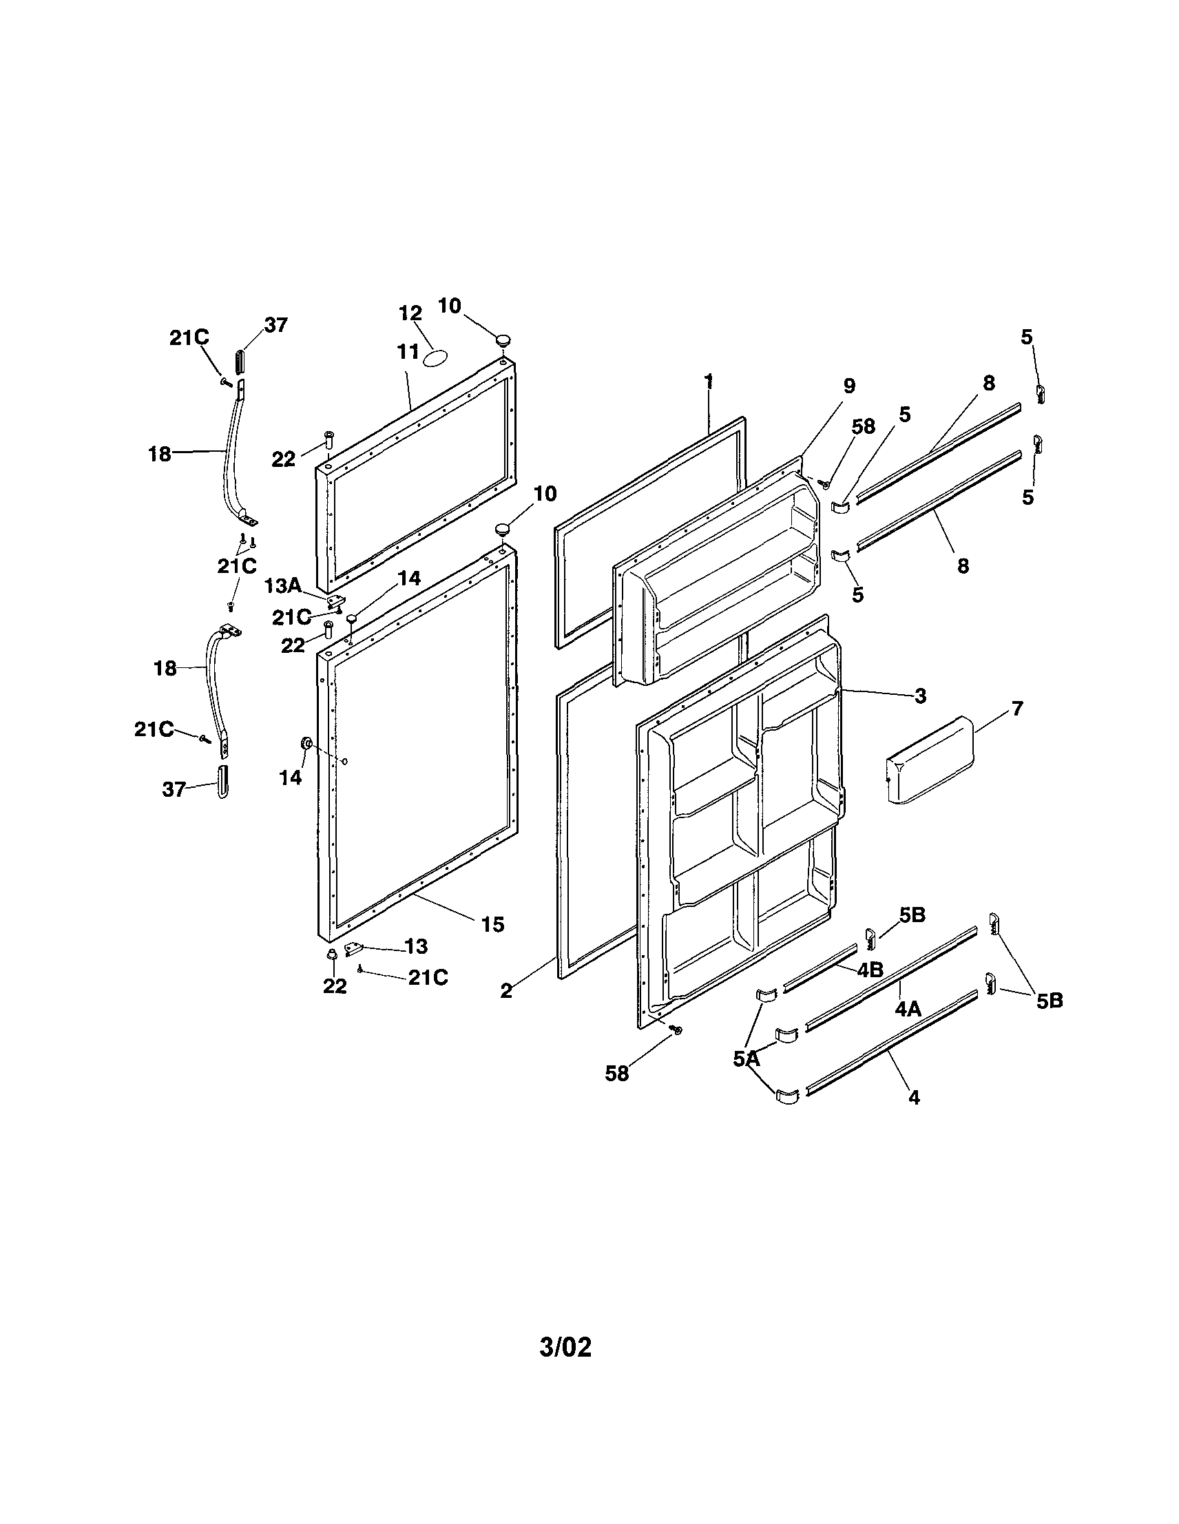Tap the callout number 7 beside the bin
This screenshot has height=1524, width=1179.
coord(1017,708)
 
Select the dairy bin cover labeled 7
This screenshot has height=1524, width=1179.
coord(931,760)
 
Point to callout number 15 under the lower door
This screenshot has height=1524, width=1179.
coord(492,925)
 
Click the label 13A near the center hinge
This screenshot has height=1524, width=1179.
coord(282,585)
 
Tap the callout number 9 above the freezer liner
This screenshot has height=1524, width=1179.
coord(849,386)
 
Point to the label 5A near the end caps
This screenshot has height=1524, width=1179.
coord(746,1059)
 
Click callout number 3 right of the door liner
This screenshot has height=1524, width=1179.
coord(920,695)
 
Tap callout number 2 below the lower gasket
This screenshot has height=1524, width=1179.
coord(506,990)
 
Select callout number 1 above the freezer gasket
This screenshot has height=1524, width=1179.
coord(709,381)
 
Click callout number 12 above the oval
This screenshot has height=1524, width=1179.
coord(411,313)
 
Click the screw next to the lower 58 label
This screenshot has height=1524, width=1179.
coord(676,1030)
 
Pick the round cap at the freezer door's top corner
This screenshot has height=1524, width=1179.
coord(502,340)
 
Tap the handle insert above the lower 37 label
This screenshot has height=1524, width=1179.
coord(222,782)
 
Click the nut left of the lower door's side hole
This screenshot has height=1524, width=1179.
coord(305,744)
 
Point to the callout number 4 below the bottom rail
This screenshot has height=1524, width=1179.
coord(914,1097)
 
